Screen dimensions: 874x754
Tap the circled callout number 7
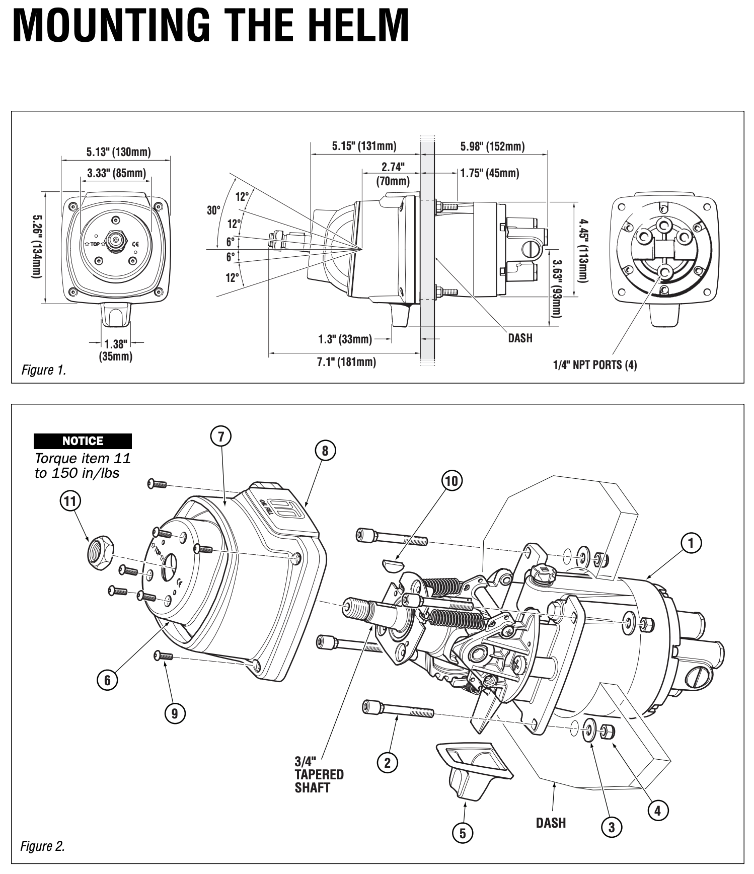(x=220, y=436)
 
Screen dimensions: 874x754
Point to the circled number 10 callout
(x=451, y=481)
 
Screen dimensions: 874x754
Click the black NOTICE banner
(x=83, y=441)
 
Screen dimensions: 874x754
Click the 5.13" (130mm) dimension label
(x=118, y=152)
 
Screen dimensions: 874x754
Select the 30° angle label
(x=213, y=210)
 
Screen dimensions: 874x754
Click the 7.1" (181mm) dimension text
(x=346, y=361)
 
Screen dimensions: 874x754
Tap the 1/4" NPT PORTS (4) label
(x=595, y=365)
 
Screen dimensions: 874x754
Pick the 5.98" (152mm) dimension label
(x=492, y=147)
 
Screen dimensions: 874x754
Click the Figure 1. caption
(x=43, y=371)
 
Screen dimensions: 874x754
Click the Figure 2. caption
(x=42, y=846)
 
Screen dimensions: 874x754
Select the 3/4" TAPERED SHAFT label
(x=319, y=774)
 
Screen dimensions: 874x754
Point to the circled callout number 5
(x=463, y=833)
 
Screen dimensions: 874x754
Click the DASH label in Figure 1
(x=520, y=338)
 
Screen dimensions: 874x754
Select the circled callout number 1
(x=691, y=543)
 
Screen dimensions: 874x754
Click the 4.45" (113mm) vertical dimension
(x=582, y=250)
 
